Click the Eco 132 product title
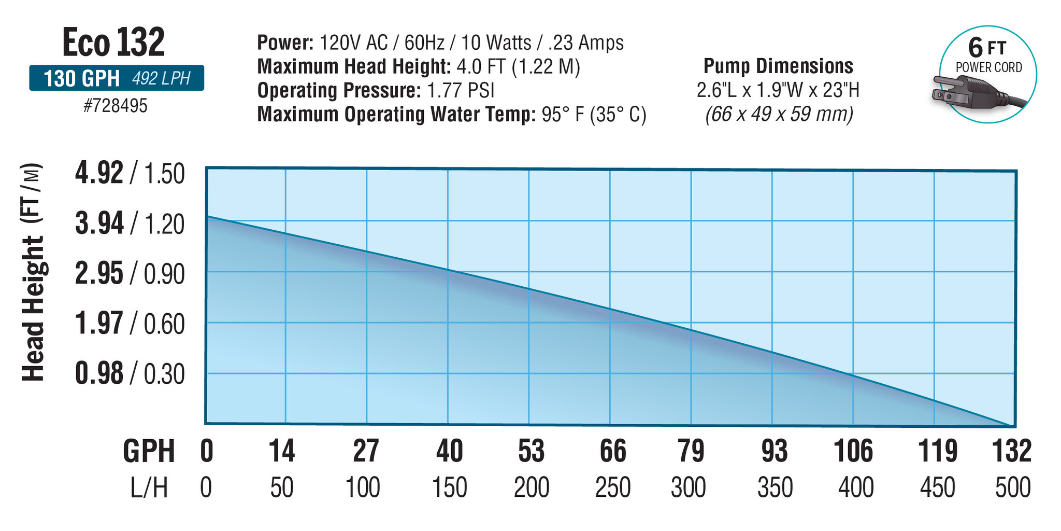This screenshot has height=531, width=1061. [113, 42]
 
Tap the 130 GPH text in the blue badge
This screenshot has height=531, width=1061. [81, 79]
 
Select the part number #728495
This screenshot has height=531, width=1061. [116, 106]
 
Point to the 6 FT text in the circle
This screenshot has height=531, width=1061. [987, 48]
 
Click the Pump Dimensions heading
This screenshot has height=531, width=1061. [778, 66]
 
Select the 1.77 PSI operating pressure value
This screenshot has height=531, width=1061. [461, 91]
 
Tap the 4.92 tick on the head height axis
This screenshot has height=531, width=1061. [99, 173]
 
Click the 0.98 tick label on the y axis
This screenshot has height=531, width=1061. [99, 373]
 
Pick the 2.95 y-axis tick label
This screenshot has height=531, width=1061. [99, 273]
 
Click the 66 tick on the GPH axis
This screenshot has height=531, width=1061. [612, 451]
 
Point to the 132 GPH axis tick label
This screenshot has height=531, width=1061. [1011, 451]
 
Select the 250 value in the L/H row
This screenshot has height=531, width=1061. [612, 488]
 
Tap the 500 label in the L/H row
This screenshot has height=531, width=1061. [1013, 488]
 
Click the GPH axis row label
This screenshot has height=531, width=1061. [149, 451]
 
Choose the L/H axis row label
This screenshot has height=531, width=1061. [149, 488]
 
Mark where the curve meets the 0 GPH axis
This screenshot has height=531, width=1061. [207, 216]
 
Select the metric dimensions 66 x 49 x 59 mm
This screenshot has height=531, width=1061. [778, 114]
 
